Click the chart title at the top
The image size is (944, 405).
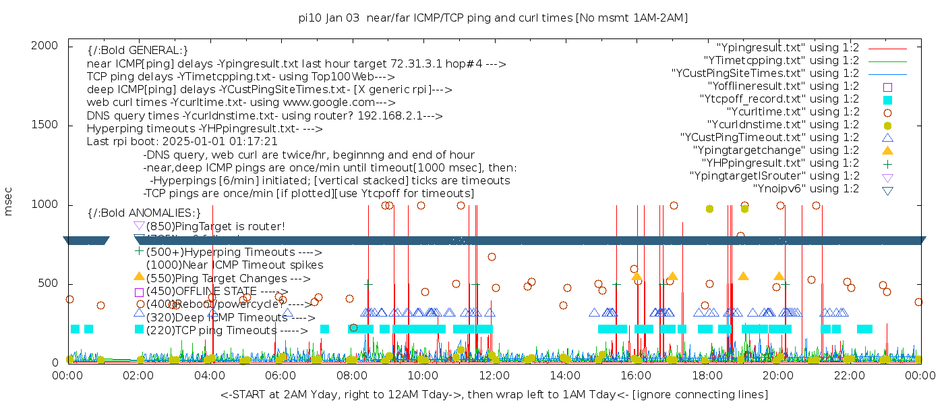tap(493, 18)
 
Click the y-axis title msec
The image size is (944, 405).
tap(9, 203)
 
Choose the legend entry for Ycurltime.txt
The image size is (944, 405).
tap(792, 112)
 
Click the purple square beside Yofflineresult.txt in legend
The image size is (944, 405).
tap(887, 87)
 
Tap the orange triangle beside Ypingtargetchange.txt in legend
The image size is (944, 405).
tap(887, 151)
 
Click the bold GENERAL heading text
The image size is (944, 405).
tap(138, 51)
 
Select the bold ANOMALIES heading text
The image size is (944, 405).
tap(144, 213)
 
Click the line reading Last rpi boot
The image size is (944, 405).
tap(182, 142)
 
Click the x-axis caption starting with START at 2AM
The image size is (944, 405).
tap(494, 394)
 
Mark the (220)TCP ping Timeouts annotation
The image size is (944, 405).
tap(227, 331)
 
